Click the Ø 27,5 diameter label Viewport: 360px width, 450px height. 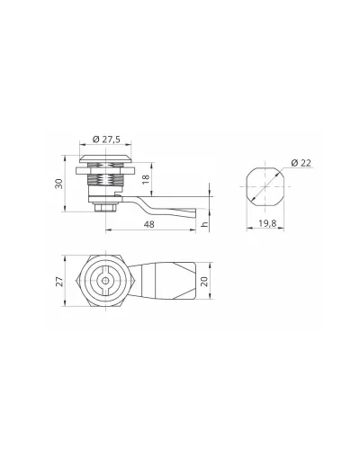pyautogui.click(x=106, y=139)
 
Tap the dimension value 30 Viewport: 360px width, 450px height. pyautogui.click(x=58, y=184)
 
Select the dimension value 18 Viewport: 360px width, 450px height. pyautogui.click(x=146, y=179)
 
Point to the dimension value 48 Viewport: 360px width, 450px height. pyautogui.click(x=149, y=224)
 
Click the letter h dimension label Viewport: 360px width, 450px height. pyautogui.click(x=205, y=224)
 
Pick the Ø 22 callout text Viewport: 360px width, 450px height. pyautogui.click(x=301, y=163)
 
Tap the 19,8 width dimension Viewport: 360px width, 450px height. pyautogui.click(x=267, y=223)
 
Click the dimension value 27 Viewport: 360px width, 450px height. pyautogui.click(x=59, y=281)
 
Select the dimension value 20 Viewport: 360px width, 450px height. pyautogui.click(x=204, y=281)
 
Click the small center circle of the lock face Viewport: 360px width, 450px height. pyautogui.click(x=105, y=281)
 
